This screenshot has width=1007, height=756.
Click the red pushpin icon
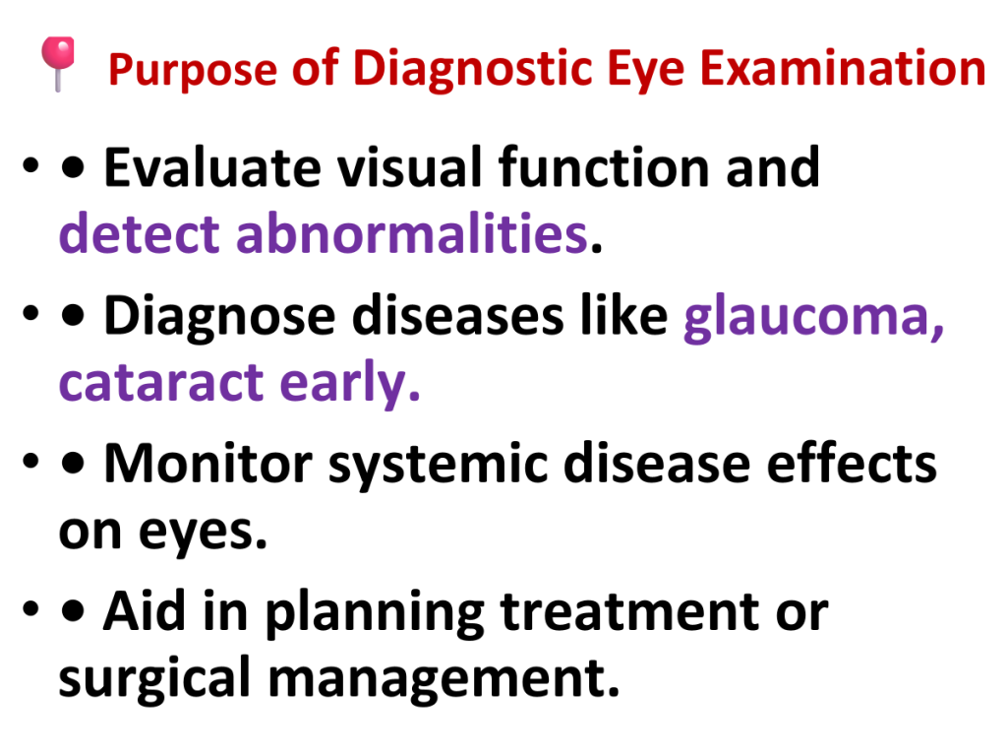(x=58, y=63)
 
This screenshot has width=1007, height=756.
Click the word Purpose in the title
(x=193, y=70)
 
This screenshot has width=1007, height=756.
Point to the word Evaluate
(x=212, y=167)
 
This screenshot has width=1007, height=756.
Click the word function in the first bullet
(x=604, y=167)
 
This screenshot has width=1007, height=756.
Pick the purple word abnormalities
(x=412, y=233)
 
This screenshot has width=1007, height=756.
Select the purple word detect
(x=140, y=233)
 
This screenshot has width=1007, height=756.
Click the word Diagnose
(x=219, y=316)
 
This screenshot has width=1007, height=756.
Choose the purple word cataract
(x=160, y=383)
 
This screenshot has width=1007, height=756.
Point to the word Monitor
(x=208, y=463)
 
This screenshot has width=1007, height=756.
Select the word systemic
(x=438, y=466)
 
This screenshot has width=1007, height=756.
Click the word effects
(x=852, y=462)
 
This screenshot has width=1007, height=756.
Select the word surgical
(x=154, y=679)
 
